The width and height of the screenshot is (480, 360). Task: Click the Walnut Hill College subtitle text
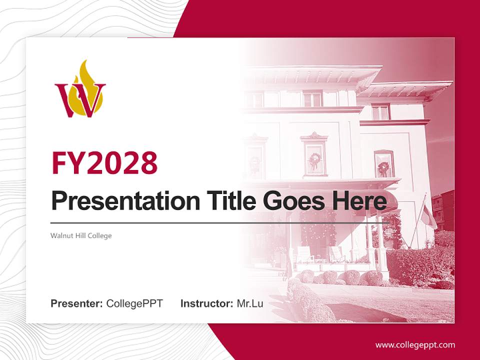tap(81, 235)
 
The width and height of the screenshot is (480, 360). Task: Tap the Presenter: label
tap(77, 303)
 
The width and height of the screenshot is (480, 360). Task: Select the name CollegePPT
tap(134, 303)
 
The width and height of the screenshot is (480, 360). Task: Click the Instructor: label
tap(206, 303)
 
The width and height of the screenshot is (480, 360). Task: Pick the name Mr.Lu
tap(250, 303)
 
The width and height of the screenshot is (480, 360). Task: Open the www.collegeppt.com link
tap(415, 344)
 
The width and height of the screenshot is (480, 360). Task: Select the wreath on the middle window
tap(315, 159)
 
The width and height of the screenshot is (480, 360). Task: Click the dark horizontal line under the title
tap(220, 222)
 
